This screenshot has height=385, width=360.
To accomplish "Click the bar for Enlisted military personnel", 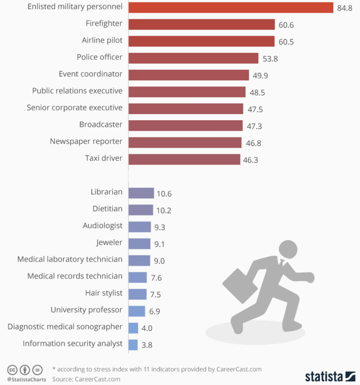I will click(x=231, y=8).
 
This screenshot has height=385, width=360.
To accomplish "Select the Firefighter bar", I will click(x=201, y=24).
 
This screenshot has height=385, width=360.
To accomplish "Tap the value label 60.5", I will click(x=286, y=42).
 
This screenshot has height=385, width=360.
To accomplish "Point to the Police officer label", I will click(x=100, y=57).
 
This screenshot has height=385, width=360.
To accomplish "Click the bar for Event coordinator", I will click(x=189, y=75).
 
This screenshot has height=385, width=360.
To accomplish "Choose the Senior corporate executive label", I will click(x=74, y=108).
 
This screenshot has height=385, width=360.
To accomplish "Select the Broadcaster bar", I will click(x=185, y=126).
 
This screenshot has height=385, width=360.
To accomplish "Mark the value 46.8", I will click(x=254, y=143).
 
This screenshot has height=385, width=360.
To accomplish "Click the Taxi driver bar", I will click(x=184, y=159).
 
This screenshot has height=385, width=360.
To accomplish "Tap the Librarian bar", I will click(x=141, y=193).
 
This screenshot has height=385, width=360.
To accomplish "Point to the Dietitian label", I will click(x=107, y=209).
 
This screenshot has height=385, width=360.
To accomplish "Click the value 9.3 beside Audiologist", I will click(x=160, y=227).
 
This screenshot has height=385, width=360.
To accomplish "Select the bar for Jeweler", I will click(x=139, y=244).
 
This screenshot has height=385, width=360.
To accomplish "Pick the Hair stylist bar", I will click(x=137, y=294).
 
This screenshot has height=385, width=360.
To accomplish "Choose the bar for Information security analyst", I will click(x=133, y=345).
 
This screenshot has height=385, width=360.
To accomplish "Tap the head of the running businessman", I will click(x=287, y=249).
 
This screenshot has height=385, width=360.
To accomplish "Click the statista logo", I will click(x=330, y=376).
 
